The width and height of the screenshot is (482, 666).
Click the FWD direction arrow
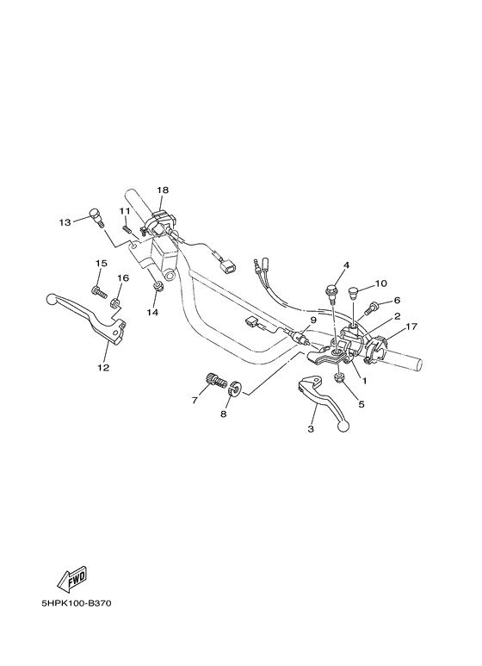click(x=72, y=579)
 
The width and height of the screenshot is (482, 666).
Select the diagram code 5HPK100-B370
click(x=77, y=604)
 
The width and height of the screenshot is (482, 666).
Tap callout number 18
click(x=163, y=190)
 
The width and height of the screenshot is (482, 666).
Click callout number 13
click(x=65, y=222)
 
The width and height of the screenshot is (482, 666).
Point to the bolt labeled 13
click(x=96, y=218)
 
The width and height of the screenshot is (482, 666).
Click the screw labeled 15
click(x=98, y=292)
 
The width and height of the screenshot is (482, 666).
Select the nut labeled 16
click(x=114, y=302)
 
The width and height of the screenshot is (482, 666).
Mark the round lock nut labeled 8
click(x=235, y=389)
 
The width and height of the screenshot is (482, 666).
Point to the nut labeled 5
click(x=340, y=377)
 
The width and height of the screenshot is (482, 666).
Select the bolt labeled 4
click(x=331, y=295)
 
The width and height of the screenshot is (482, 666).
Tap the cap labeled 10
click(x=353, y=293)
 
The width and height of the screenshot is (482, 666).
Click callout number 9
click(x=312, y=320)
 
